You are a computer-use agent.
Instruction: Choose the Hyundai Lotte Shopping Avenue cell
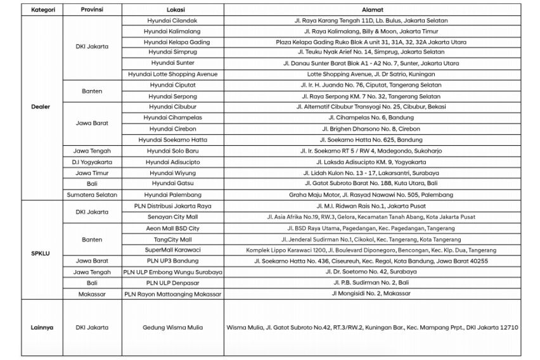point(172,74)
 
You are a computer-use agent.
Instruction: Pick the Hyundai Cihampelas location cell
point(172,117)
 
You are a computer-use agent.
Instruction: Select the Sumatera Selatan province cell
point(93,195)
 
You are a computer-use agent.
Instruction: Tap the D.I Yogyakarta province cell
point(93,161)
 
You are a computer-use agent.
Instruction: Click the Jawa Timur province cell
point(93,172)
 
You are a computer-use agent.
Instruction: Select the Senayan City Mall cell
point(172,217)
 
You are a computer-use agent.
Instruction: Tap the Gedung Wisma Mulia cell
point(172,328)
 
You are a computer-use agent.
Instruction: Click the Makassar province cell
point(93,294)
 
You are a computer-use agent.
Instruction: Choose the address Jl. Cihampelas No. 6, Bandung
point(371,117)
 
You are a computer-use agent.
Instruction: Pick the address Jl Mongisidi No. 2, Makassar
point(371,294)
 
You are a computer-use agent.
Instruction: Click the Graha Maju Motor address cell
point(371,195)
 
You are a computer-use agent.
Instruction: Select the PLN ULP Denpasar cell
point(172,283)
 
